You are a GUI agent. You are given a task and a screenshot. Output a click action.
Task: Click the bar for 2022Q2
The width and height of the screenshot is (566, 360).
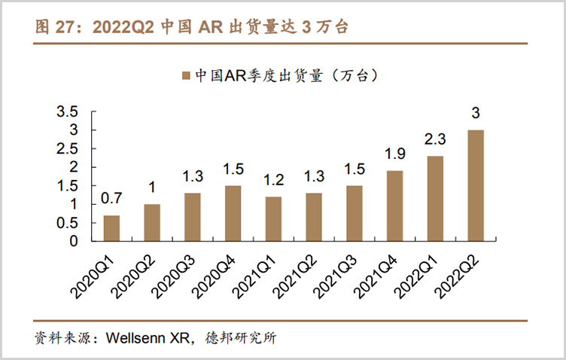[476, 185]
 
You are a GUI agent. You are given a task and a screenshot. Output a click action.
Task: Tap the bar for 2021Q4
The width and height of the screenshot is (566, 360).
[394, 206]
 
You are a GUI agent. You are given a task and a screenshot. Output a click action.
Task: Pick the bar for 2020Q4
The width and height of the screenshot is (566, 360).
[233, 213]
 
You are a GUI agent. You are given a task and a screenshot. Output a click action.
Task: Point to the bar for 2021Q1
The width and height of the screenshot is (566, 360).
[273, 218]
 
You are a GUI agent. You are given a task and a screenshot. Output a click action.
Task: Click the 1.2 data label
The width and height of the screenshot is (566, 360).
[273, 180]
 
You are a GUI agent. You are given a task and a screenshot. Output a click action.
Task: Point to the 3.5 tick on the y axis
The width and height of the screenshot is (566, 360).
[67, 112]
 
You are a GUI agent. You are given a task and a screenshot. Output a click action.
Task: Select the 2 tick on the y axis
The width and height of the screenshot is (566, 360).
[73, 167]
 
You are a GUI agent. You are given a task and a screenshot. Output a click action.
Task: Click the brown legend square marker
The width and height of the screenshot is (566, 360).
[186, 76]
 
